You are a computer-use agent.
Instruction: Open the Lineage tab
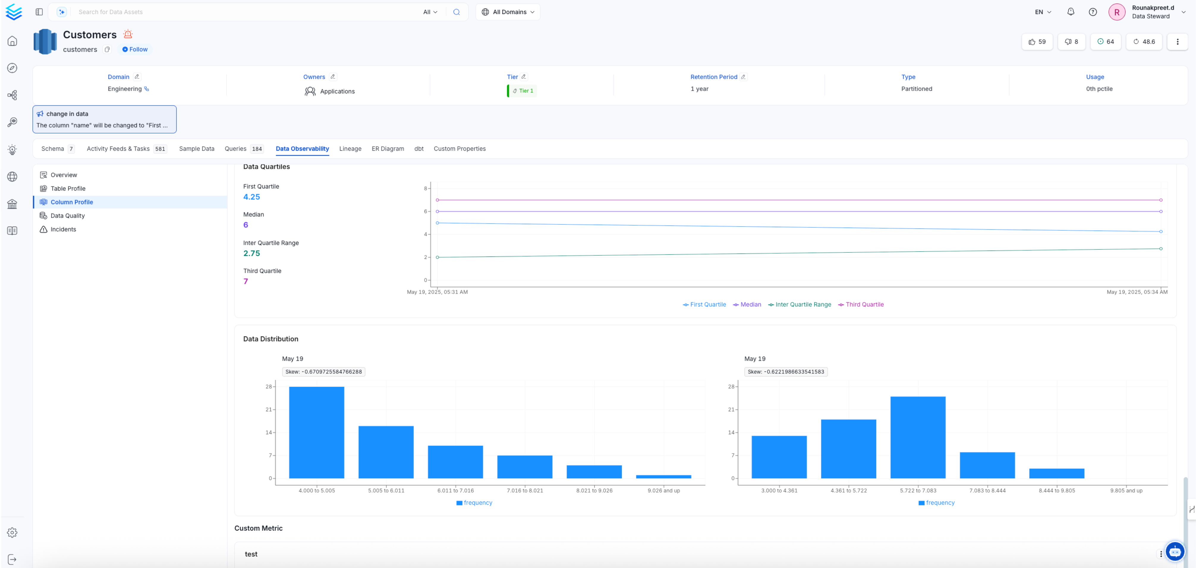(x=350, y=149)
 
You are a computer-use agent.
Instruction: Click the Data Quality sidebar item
(x=67, y=215)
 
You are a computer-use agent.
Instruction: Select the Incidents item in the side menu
(x=63, y=229)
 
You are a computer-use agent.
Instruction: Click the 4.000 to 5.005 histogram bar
(x=316, y=432)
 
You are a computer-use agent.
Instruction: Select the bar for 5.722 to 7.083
(x=918, y=437)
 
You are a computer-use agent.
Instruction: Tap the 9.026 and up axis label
(x=663, y=490)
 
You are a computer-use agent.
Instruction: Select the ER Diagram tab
(x=387, y=149)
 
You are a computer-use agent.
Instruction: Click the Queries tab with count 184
(x=243, y=149)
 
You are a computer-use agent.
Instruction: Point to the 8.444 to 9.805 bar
(x=1056, y=473)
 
